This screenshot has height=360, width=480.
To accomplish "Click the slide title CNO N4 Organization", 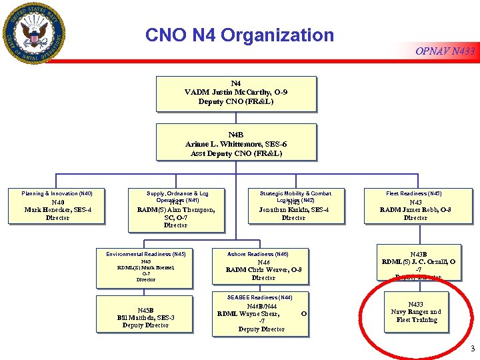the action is tap(239, 35).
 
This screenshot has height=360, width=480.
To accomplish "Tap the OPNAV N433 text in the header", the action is tap(445, 51).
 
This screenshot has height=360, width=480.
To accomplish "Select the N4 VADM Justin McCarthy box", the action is tap(236, 93).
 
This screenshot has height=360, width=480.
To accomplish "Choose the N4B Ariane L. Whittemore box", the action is tap(236, 142).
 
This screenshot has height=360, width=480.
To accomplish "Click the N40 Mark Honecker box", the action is tap(57, 209).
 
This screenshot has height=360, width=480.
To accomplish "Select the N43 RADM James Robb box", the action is tap(415, 210).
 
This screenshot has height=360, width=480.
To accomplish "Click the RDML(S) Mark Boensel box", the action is tap(145, 270).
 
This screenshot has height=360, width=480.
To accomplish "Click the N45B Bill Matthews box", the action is tap(145, 317).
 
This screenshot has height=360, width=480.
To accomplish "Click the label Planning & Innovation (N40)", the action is tap(57, 193).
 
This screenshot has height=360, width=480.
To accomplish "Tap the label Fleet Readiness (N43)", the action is tap(414, 193).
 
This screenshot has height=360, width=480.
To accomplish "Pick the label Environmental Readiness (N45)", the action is tap(146, 254).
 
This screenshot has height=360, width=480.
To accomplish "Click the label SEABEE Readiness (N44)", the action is tap(259, 297).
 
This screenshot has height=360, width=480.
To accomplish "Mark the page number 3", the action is tap(472, 349).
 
